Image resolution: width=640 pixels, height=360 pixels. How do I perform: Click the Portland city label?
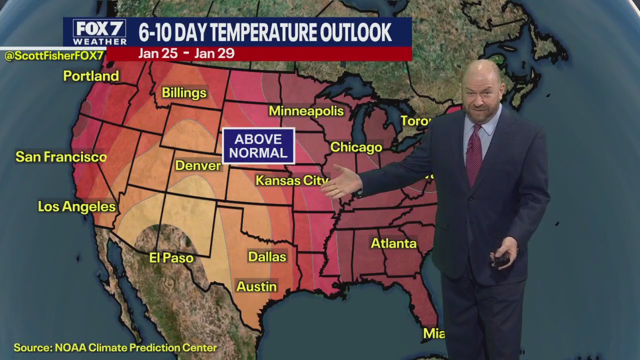coord(91,76)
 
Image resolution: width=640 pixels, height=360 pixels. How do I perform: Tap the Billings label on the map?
coord(184,93)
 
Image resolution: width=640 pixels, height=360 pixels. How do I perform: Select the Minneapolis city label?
coord(306,111)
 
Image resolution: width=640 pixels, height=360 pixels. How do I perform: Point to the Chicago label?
coord(356,147)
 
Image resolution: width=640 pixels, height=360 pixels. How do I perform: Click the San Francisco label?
coord(61,157)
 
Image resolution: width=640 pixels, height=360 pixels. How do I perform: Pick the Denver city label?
coord(198,166)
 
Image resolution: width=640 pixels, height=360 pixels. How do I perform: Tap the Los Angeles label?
coord(77,206)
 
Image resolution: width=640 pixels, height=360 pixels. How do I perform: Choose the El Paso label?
coord(171,258)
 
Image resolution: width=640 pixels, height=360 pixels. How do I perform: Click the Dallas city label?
coord(267,257)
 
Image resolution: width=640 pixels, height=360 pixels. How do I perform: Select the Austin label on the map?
coord(256,286)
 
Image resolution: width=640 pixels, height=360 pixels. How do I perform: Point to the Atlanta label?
coord(393,243)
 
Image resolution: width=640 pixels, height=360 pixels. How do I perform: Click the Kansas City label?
coord(292,180)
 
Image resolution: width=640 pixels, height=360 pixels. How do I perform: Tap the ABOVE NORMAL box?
coord(258,146)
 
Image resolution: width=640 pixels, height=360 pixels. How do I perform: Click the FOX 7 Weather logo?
coord(99,32)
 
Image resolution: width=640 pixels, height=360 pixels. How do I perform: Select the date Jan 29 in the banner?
coord(214,53)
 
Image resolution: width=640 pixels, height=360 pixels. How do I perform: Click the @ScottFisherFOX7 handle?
coord(53,56)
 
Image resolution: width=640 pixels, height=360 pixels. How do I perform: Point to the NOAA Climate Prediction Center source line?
coord(115,347)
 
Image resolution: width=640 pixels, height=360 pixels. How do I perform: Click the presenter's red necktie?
coord(473,155)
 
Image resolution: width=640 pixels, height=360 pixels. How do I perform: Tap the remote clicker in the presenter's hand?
coord(501,259)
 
